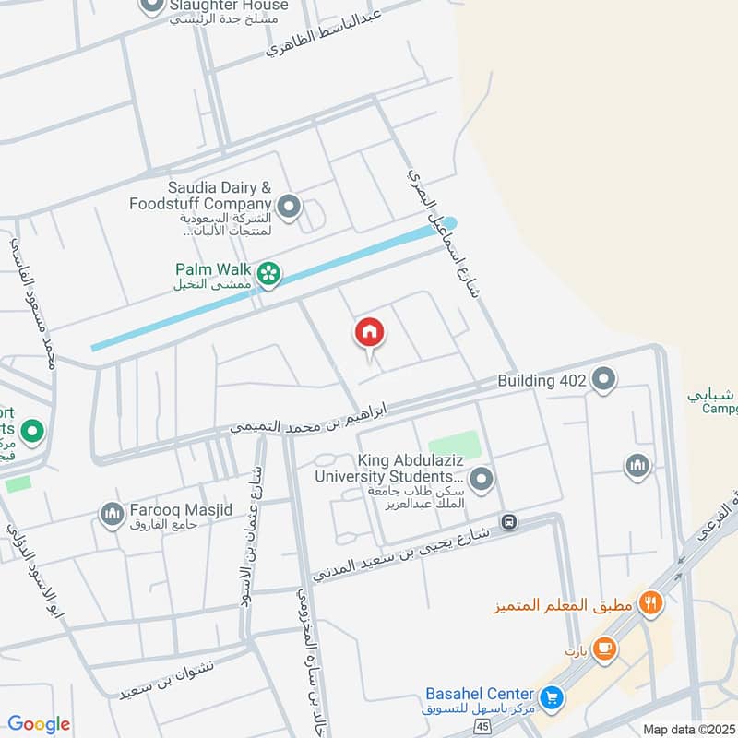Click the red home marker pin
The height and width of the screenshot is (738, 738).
(x=369, y=333)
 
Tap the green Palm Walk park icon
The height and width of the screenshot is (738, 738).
(x=269, y=273)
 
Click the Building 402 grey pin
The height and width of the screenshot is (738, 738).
(x=603, y=379)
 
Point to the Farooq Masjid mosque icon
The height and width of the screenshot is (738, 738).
(x=113, y=514)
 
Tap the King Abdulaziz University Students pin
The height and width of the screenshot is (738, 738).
(x=481, y=479)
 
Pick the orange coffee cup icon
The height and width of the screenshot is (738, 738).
(x=605, y=649)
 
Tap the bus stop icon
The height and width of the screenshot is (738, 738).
(x=507, y=522)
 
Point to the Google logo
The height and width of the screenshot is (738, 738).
(x=39, y=724)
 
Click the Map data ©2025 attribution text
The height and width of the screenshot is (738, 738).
(x=688, y=729)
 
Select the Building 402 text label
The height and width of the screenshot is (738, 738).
(x=540, y=380)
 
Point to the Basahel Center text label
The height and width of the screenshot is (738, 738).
(x=480, y=694)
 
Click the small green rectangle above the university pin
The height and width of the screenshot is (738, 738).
(x=454, y=444)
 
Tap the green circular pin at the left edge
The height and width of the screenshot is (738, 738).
(x=32, y=432)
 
